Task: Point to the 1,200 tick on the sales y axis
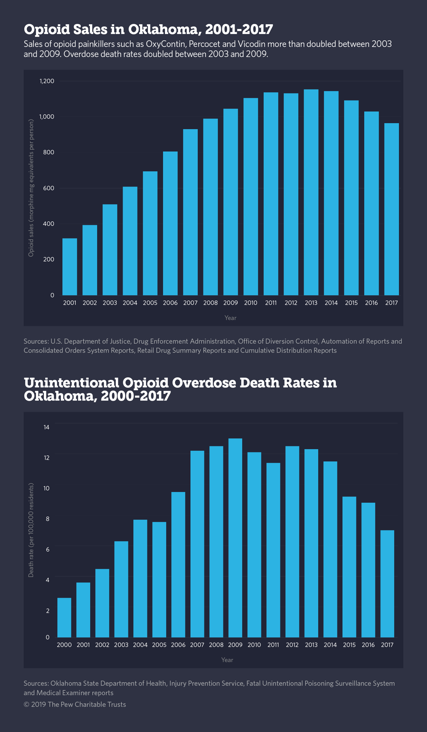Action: (x=47, y=81)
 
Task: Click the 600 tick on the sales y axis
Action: (x=48, y=188)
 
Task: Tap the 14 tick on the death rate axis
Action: (x=46, y=427)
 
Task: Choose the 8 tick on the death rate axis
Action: (x=48, y=519)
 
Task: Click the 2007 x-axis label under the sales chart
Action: (x=190, y=303)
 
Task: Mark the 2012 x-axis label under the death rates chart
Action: (x=292, y=645)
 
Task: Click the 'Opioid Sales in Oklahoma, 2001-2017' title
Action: (x=148, y=29)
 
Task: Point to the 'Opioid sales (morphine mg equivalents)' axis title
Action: (x=31, y=188)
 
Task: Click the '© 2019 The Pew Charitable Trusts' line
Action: (x=75, y=705)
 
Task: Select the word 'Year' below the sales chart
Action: (x=230, y=318)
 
